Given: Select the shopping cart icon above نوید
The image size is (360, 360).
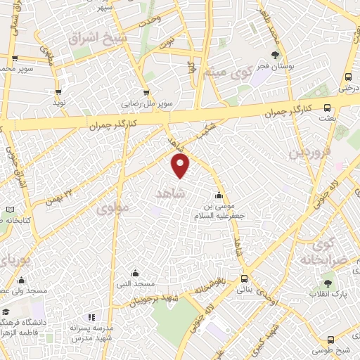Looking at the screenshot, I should (58, 91).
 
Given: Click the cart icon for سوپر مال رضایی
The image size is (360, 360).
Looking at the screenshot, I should (146, 91).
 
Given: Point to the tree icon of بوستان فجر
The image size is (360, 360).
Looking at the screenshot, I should (275, 55).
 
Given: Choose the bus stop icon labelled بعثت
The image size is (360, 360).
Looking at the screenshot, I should (327, 108).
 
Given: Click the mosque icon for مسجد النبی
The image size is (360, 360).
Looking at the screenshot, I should (135, 272).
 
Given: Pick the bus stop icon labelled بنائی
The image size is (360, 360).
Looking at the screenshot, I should (244, 278).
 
